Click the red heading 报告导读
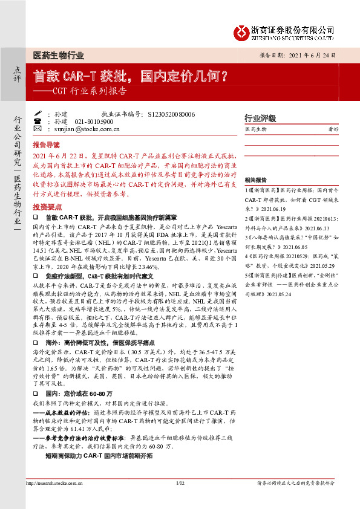tap(46, 145)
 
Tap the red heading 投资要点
tap(46, 207)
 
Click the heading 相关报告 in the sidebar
tap(255, 180)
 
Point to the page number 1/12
tap(180, 483)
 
